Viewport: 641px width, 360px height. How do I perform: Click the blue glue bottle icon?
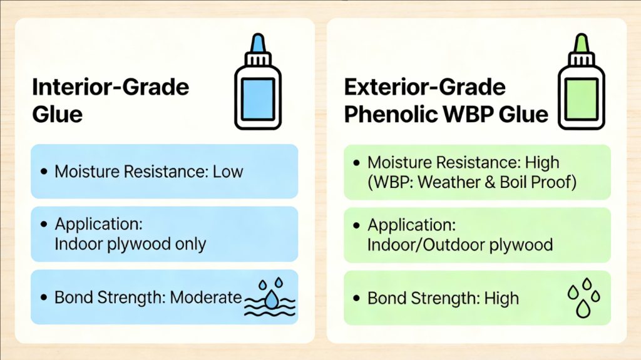point(258,82)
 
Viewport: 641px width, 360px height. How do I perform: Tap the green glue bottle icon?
point(582,82)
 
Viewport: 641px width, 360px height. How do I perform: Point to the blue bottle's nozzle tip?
point(258,36)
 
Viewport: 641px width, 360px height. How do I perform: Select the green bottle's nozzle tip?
point(582,36)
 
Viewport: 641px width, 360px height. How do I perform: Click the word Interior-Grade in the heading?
point(110,87)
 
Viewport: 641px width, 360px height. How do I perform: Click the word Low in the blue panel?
point(228,172)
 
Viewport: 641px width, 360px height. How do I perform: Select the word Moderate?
point(206,297)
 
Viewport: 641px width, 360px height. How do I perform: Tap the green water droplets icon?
point(584,297)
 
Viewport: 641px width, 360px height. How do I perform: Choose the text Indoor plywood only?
point(130,244)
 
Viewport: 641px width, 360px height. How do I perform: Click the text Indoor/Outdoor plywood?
point(460,245)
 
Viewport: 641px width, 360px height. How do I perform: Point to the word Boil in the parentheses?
point(513,182)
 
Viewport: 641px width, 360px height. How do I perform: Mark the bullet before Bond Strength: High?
point(356,298)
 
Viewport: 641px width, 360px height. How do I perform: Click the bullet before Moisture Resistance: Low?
point(44,172)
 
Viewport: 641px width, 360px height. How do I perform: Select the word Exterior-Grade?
point(425,87)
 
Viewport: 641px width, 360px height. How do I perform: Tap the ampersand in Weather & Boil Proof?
point(490,182)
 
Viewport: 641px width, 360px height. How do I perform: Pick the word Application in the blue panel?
point(98,224)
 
